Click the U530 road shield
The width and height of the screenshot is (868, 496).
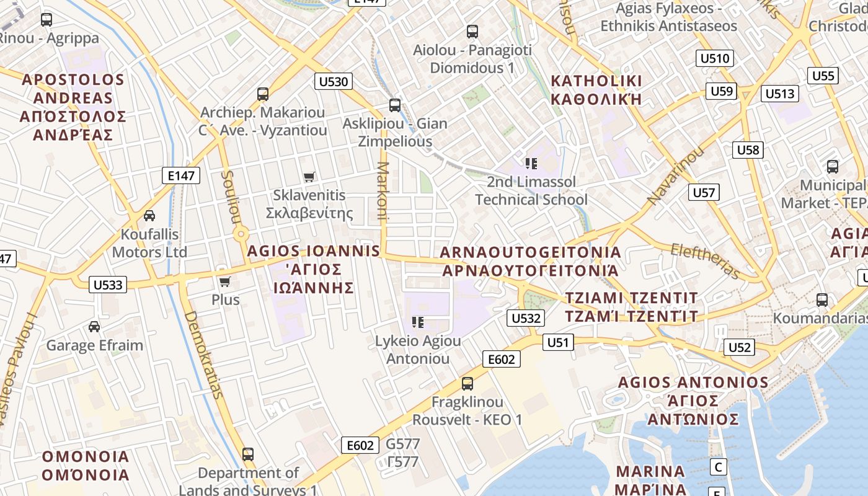[333, 81]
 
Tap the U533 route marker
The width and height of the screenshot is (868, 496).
[108, 285]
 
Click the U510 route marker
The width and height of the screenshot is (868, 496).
[715, 58]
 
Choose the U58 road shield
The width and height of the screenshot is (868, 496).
[748, 149]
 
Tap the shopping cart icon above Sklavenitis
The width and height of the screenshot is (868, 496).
[309, 177]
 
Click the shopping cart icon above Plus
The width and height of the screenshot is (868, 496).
[225, 281]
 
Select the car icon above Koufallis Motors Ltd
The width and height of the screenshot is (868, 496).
[149, 216]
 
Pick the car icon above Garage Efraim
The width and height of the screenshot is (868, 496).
[94, 327]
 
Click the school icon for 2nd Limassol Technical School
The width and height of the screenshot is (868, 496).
[531, 164]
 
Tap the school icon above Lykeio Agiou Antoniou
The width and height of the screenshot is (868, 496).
[418, 322]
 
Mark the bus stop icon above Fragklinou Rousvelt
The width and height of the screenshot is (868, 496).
[467, 384]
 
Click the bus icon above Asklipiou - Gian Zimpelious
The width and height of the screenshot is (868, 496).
[395, 105]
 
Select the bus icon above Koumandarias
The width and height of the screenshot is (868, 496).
[822, 300]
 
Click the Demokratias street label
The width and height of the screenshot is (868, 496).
[203, 354]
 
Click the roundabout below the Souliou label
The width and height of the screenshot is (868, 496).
[241, 234]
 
